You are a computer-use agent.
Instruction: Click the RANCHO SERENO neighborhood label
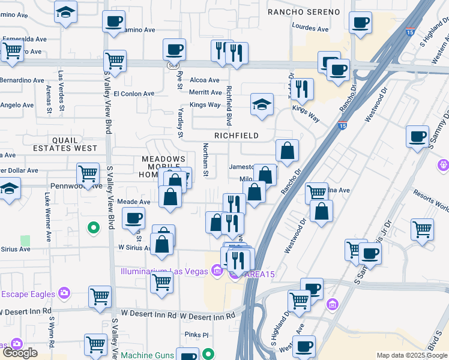(303, 12)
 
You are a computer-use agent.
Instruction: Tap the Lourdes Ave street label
(310, 28)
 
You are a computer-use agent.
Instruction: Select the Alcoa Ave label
(205, 80)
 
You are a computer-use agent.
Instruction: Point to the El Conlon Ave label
(134, 94)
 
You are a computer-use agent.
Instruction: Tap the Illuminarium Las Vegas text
(163, 271)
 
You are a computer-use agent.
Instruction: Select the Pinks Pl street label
(196, 335)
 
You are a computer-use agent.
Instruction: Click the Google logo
(20, 353)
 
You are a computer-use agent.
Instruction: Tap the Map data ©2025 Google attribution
(411, 355)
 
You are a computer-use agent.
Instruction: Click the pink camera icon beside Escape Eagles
(64, 294)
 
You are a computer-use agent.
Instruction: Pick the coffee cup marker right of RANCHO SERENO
(360, 23)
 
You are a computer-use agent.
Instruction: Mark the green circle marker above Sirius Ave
(93, 228)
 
